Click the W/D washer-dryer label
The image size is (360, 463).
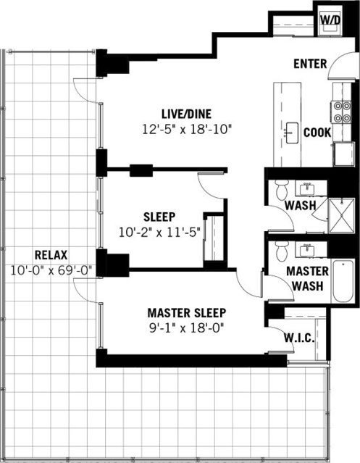tap(330, 20)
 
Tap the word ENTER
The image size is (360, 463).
tap(310, 64)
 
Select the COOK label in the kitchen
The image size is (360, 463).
tap(317, 133)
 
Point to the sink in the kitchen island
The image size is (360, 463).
tap(291, 133)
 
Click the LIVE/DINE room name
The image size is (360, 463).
tap(188, 113)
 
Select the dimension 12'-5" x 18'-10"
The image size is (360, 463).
tap(188, 128)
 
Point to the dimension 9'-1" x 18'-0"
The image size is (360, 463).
tap(187, 327)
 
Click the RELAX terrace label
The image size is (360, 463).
tap(50, 254)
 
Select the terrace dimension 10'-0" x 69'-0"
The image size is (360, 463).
tap(50, 269)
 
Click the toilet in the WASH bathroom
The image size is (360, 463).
tap(281, 192)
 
